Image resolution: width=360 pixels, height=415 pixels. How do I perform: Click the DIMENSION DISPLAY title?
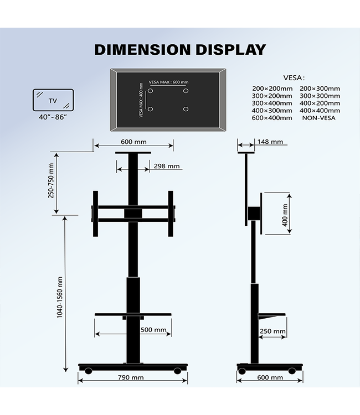180,49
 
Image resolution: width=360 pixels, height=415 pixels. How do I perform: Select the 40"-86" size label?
53,118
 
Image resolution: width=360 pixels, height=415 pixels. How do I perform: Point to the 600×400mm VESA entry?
271,118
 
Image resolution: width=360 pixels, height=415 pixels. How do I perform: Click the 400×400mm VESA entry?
320,110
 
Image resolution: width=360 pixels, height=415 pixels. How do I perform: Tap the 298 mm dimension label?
166,166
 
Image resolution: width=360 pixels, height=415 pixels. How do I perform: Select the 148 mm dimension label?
270,142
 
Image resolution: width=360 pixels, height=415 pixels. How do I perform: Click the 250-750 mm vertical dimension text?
52,180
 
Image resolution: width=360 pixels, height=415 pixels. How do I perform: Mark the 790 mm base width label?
130,377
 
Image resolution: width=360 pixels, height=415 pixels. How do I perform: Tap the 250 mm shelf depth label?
272,332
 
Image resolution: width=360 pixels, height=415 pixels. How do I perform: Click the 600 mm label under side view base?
270,377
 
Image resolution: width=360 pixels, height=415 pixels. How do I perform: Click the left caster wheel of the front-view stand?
88,371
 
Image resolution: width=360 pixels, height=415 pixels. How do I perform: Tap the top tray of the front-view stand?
133,154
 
